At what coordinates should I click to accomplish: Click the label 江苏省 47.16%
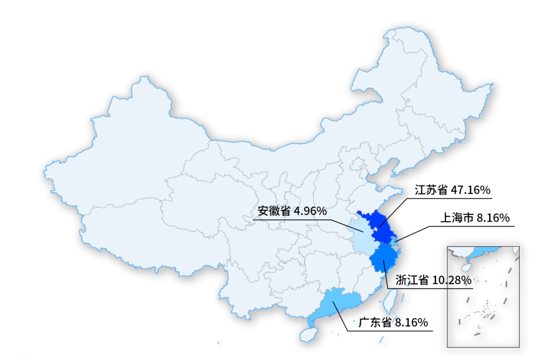pyautogui.click(x=452, y=190)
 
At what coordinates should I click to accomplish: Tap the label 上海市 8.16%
pyautogui.click(x=475, y=218)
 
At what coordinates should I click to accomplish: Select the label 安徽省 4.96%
pyautogui.click(x=293, y=211)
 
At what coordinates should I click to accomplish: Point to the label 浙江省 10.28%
pyautogui.click(x=433, y=280)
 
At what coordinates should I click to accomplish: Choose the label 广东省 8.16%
pyautogui.click(x=393, y=322)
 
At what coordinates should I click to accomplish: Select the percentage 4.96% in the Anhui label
pyautogui.click(x=310, y=211)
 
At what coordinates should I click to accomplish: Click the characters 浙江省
pyautogui.click(x=412, y=280)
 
